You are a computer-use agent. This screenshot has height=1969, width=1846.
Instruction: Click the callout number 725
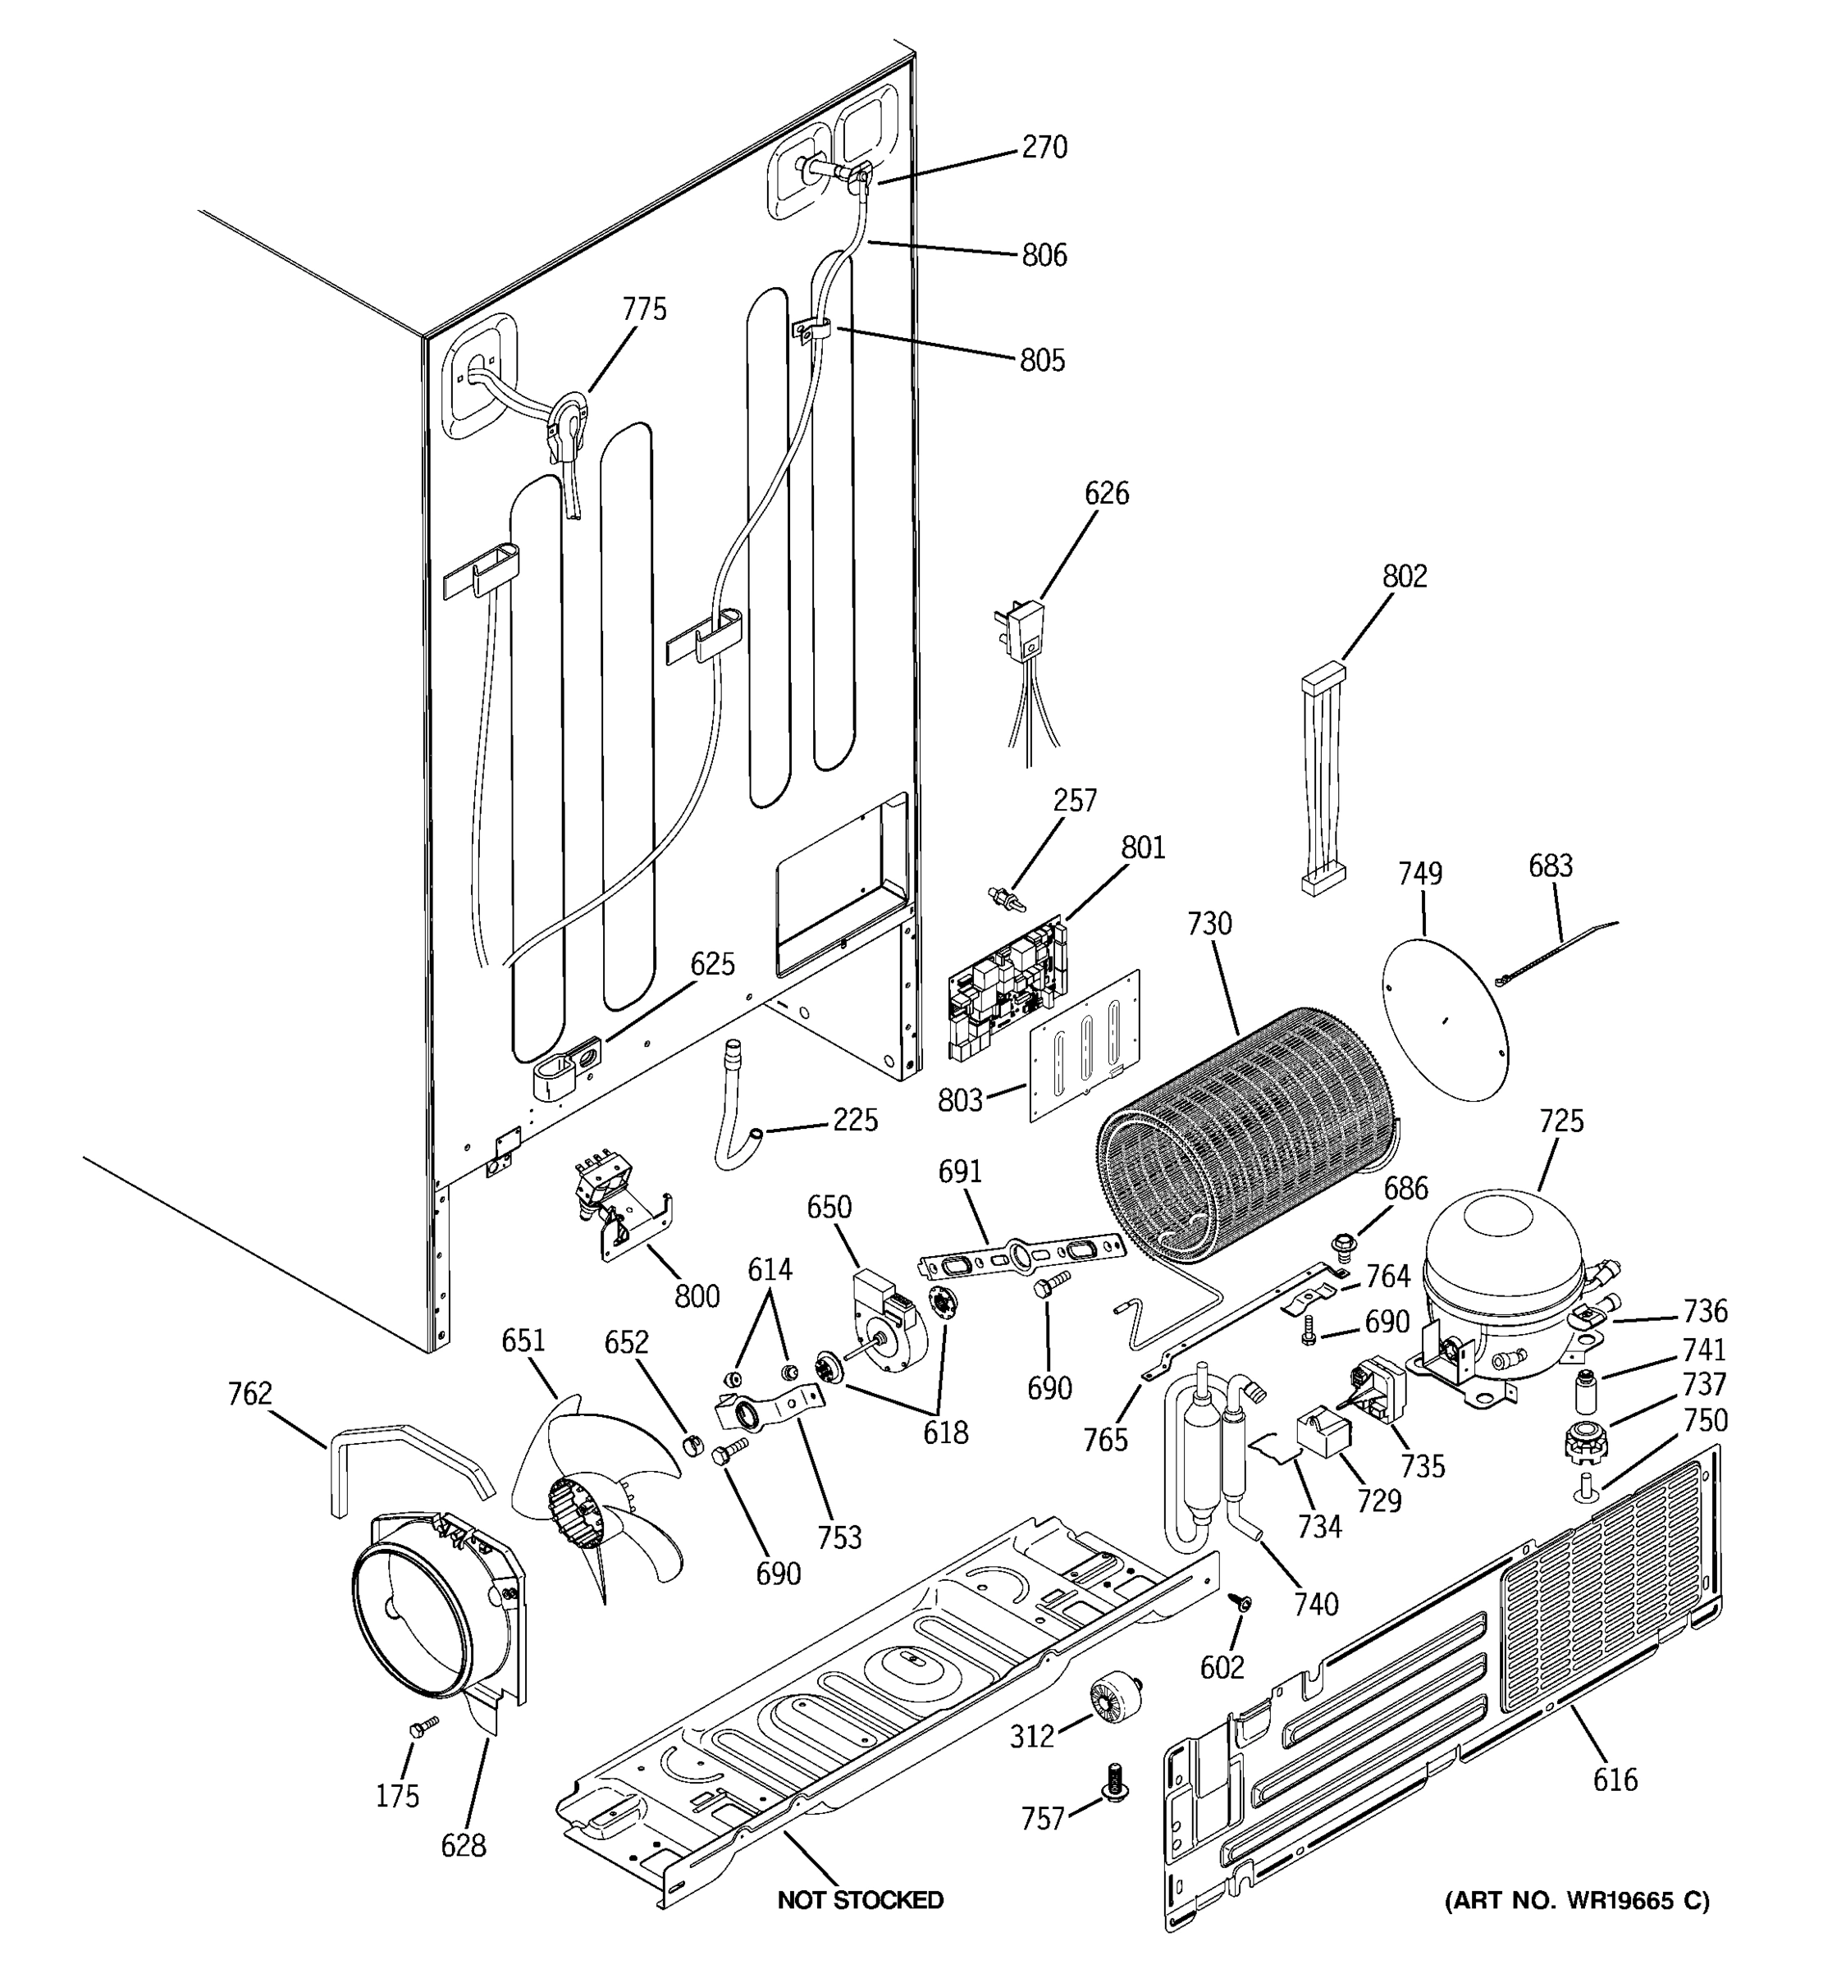click(1560, 1122)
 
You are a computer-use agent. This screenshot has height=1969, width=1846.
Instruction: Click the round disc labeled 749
click(1446, 1010)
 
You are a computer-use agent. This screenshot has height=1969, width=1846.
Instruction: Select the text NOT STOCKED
click(860, 1899)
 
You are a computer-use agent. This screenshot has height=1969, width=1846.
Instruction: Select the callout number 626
click(1105, 493)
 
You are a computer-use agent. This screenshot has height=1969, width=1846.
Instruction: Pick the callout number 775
click(644, 310)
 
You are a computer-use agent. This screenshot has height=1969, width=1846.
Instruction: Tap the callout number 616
click(1615, 1779)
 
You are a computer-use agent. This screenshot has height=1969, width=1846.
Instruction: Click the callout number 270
click(1044, 148)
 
